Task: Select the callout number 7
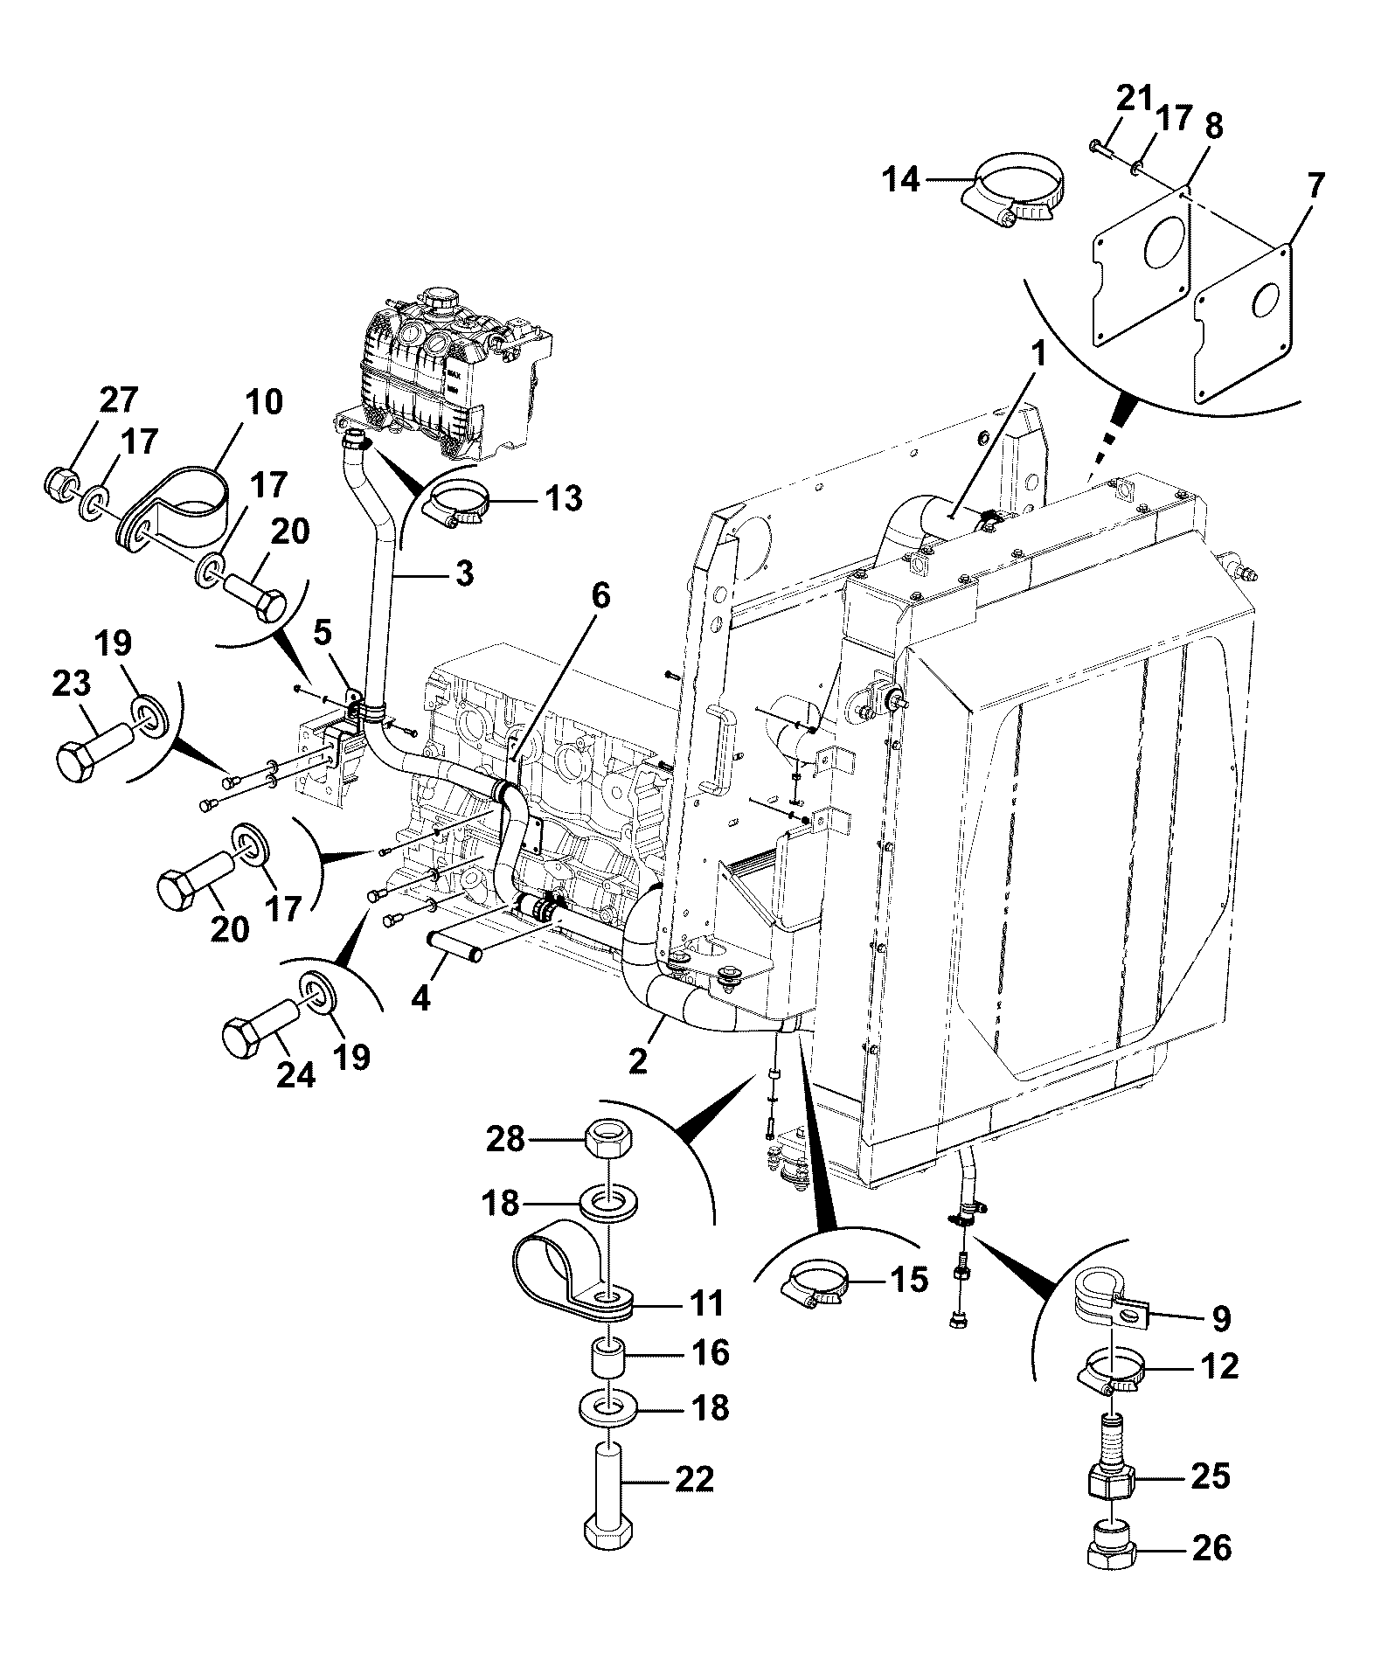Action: (1315, 186)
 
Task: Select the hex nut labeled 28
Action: (608, 1138)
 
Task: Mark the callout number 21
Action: (1135, 98)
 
